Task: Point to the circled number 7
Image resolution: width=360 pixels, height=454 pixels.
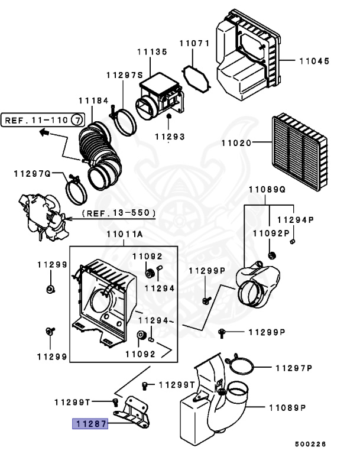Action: click(77, 120)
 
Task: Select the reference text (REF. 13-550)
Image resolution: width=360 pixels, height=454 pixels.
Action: click(119, 212)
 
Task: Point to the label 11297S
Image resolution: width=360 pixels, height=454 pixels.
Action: click(125, 75)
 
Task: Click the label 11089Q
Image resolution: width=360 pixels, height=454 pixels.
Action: click(266, 190)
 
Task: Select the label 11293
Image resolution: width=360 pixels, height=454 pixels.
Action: click(170, 137)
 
